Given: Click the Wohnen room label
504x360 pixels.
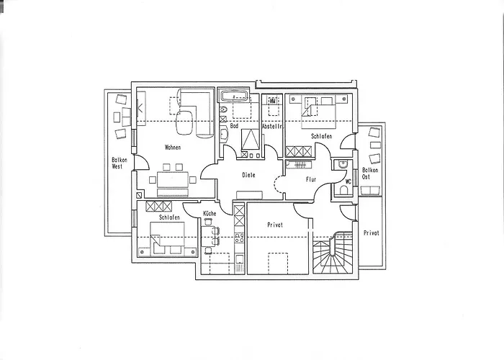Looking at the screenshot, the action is click(173, 148).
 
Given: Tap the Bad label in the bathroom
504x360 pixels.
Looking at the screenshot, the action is click(234, 126).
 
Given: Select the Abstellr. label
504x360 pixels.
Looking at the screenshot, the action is click(272, 127).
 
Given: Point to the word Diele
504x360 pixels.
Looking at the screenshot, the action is click(248, 175).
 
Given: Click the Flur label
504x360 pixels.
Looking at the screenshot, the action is click(311, 180).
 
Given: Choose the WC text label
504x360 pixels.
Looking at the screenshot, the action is click(348, 181).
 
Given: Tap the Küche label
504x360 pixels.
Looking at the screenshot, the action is click(210, 213).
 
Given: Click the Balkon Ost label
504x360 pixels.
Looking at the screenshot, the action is click(370, 174).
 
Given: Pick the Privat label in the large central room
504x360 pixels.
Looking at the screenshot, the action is click(275, 225).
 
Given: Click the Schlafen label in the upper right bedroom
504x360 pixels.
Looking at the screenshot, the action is click(321, 136).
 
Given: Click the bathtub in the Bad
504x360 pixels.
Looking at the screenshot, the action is click(234, 96).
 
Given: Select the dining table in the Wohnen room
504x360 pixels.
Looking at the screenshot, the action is click(173, 180).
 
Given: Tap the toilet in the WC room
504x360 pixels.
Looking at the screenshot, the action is click(343, 192).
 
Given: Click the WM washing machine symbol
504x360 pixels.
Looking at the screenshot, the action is click(273, 101).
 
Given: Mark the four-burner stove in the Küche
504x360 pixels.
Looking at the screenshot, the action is click(240, 238).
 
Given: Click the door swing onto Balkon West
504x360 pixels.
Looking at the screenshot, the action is click(143, 162).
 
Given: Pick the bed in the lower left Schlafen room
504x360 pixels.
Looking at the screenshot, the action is click(167, 238).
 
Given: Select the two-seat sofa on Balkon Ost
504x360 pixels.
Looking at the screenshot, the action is click(371, 191).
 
